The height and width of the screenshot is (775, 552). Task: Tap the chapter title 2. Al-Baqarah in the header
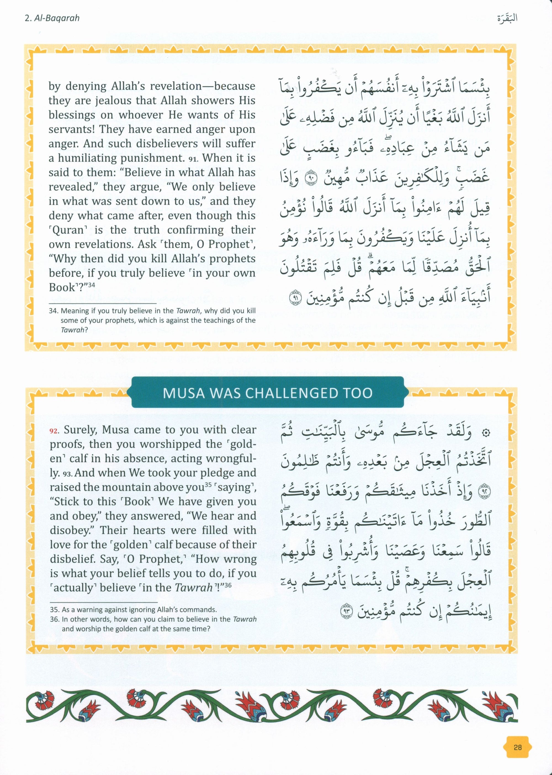(52, 18)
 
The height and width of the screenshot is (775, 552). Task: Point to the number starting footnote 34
(54, 311)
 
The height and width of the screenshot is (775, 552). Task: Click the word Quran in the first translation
(66, 230)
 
